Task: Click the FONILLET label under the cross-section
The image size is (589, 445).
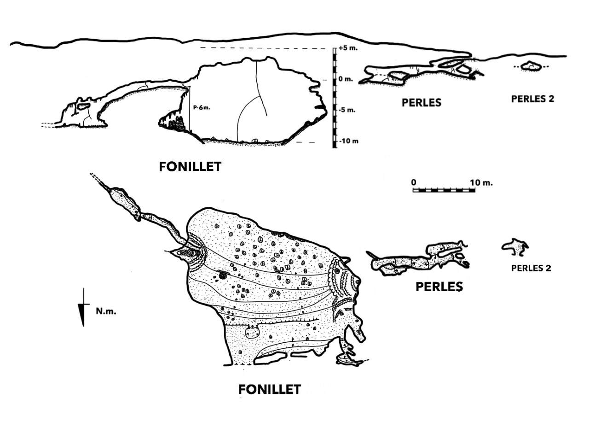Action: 190,166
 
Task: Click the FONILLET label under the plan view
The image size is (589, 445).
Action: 269,390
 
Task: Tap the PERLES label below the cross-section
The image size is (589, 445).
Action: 422,102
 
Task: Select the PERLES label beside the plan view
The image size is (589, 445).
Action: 439,287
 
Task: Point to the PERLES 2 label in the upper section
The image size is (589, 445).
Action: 532,99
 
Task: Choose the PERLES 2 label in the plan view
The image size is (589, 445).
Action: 531,268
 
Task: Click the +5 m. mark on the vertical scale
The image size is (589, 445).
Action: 346,48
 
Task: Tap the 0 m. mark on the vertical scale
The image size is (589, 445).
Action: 345,79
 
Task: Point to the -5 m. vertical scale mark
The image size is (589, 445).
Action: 346,110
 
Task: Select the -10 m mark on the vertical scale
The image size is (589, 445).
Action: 348,141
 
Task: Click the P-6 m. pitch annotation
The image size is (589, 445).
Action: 201,107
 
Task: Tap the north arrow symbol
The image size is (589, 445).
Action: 83,308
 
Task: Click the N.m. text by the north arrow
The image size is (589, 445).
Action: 106,311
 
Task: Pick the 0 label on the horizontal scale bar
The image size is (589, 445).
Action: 414,182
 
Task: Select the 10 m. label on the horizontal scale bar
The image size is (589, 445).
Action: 481,182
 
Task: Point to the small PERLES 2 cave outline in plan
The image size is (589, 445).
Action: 515,247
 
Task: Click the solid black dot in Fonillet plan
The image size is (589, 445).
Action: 223,276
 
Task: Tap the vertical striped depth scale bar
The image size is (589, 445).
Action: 335,97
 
